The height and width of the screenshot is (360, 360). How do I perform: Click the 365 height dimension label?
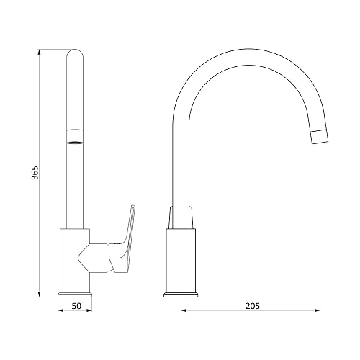[35, 173]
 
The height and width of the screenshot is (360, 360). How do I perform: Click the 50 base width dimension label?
[76, 306]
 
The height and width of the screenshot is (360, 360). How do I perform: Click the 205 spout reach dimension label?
[253, 306]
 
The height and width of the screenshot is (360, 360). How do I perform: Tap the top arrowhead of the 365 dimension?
[40, 52]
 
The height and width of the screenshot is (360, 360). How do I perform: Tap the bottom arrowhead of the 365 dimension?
[40, 294]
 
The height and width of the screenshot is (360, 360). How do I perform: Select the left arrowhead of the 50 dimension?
[60, 310]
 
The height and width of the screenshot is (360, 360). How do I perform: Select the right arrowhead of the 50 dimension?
[89, 310]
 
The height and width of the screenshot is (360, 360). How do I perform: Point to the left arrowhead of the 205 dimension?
[184, 310]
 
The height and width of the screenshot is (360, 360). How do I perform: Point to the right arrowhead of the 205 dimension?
[317, 310]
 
